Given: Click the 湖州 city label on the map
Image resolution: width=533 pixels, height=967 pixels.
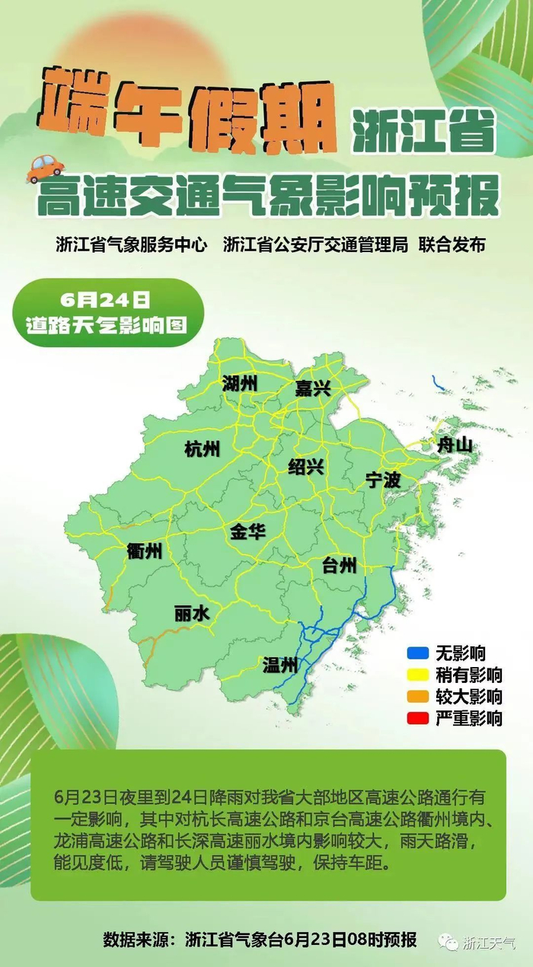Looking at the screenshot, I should (241, 384).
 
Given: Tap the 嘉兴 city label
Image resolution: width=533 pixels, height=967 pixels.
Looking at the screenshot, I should (313, 389).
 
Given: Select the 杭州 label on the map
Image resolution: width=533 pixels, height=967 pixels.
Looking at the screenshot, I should (202, 449).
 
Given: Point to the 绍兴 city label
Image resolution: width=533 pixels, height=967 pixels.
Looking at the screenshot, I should (306, 467).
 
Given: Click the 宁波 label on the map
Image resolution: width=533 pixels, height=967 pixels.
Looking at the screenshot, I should (382, 480).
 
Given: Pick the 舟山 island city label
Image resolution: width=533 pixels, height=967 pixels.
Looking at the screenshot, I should (455, 445).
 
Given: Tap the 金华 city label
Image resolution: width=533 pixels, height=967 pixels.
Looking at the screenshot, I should (247, 531).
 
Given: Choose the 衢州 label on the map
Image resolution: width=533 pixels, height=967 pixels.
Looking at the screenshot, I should (145, 551).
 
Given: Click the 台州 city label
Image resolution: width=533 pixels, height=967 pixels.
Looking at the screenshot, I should (339, 565).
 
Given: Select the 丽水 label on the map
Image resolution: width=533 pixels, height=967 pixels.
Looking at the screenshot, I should (192, 614).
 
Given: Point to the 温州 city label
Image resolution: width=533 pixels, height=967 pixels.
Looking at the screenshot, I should (279, 666).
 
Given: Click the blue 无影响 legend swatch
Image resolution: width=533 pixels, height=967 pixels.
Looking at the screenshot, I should (417, 653).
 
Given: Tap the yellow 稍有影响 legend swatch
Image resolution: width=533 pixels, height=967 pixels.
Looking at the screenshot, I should (417, 675).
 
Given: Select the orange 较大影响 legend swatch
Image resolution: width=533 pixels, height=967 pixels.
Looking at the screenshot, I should (417, 696).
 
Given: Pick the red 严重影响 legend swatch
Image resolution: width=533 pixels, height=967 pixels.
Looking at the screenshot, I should (417, 717).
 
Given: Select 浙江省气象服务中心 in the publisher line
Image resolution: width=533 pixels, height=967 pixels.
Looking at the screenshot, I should (131, 244).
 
